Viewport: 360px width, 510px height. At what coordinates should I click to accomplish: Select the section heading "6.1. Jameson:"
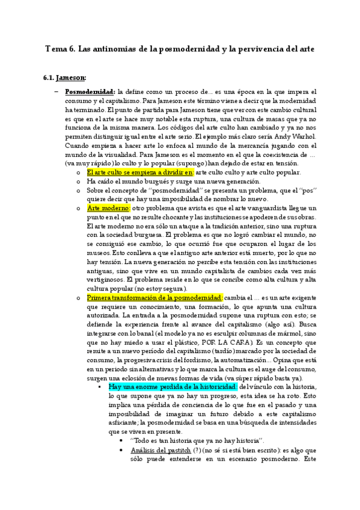[64, 77]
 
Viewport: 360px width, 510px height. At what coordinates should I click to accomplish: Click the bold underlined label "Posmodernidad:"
[89, 92]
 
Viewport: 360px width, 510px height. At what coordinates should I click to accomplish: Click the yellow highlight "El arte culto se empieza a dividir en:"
[140, 173]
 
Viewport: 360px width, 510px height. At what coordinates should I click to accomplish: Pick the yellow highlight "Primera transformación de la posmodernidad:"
[154, 281]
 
